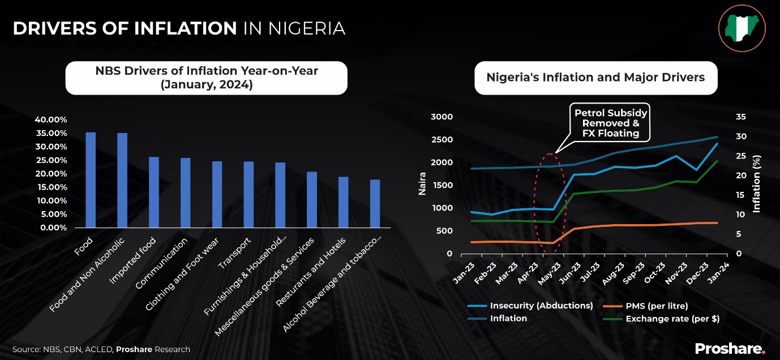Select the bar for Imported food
[x=154, y=192]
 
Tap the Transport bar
[x=248, y=195]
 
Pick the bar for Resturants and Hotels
[x=343, y=202]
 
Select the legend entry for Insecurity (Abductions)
[x=541, y=306]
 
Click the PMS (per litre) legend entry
[x=657, y=306]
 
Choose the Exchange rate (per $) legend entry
[x=672, y=319]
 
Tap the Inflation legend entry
[x=508, y=319]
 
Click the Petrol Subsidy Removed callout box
[x=611, y=123]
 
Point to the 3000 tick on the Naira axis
[x=442, y=117]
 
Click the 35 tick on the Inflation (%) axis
[x=742, y=117]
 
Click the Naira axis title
[x=422, y=185]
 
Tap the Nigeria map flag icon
[x=742, y=28]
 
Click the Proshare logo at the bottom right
[x=730, y=348]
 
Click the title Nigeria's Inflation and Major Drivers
[x=595, y=78]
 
